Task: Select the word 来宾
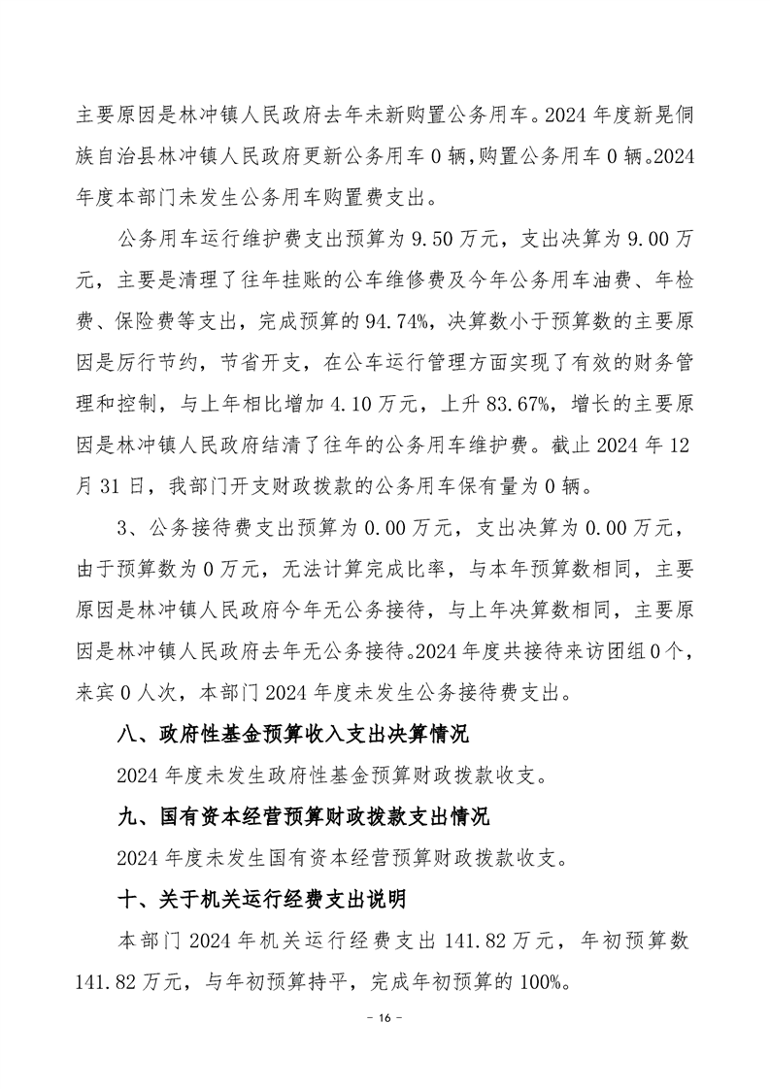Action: tap(96, 693)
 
